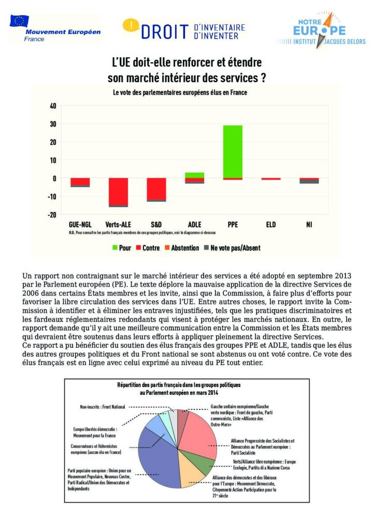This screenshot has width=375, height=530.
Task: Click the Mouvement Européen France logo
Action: tap(54, 30)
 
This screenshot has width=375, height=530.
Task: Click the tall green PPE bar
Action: tap(233, 152)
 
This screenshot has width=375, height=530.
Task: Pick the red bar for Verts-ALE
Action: tap(119, 192)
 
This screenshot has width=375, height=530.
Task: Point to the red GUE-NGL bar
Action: tap(80, 181)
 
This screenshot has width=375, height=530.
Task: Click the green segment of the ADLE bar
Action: tap(195, 175)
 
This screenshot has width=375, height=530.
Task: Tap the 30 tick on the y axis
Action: tap(53, 124)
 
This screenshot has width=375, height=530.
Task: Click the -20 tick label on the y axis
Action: tap(52, 214)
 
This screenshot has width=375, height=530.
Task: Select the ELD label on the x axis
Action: tap(271, 225)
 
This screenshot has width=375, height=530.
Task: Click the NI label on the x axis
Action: tap(309, 225)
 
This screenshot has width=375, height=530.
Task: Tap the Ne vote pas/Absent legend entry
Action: tap(231, 248)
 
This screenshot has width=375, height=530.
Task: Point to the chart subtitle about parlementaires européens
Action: tap(180, 93)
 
